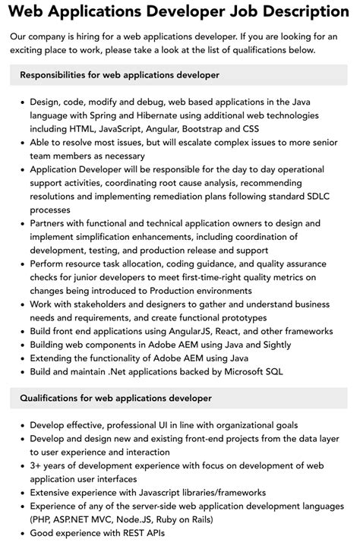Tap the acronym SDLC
coord(315,196)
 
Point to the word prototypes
coord(235,318)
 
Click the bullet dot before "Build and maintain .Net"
coord(21,373)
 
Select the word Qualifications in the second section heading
coord(54,398)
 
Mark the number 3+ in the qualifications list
coord(36,465)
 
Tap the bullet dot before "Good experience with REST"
coord(21,533)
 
